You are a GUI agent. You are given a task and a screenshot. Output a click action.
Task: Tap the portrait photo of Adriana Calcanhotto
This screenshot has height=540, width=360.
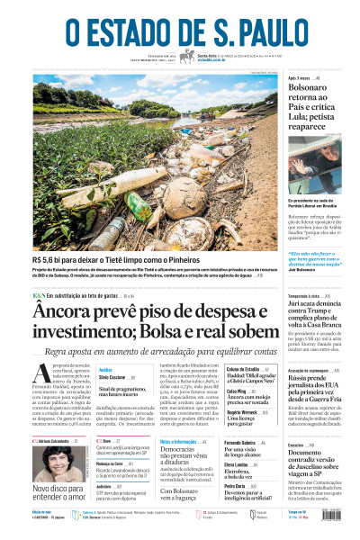tap(50, 463)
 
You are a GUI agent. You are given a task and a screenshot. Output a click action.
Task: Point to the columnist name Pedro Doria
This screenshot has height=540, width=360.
tap(236, 486)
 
